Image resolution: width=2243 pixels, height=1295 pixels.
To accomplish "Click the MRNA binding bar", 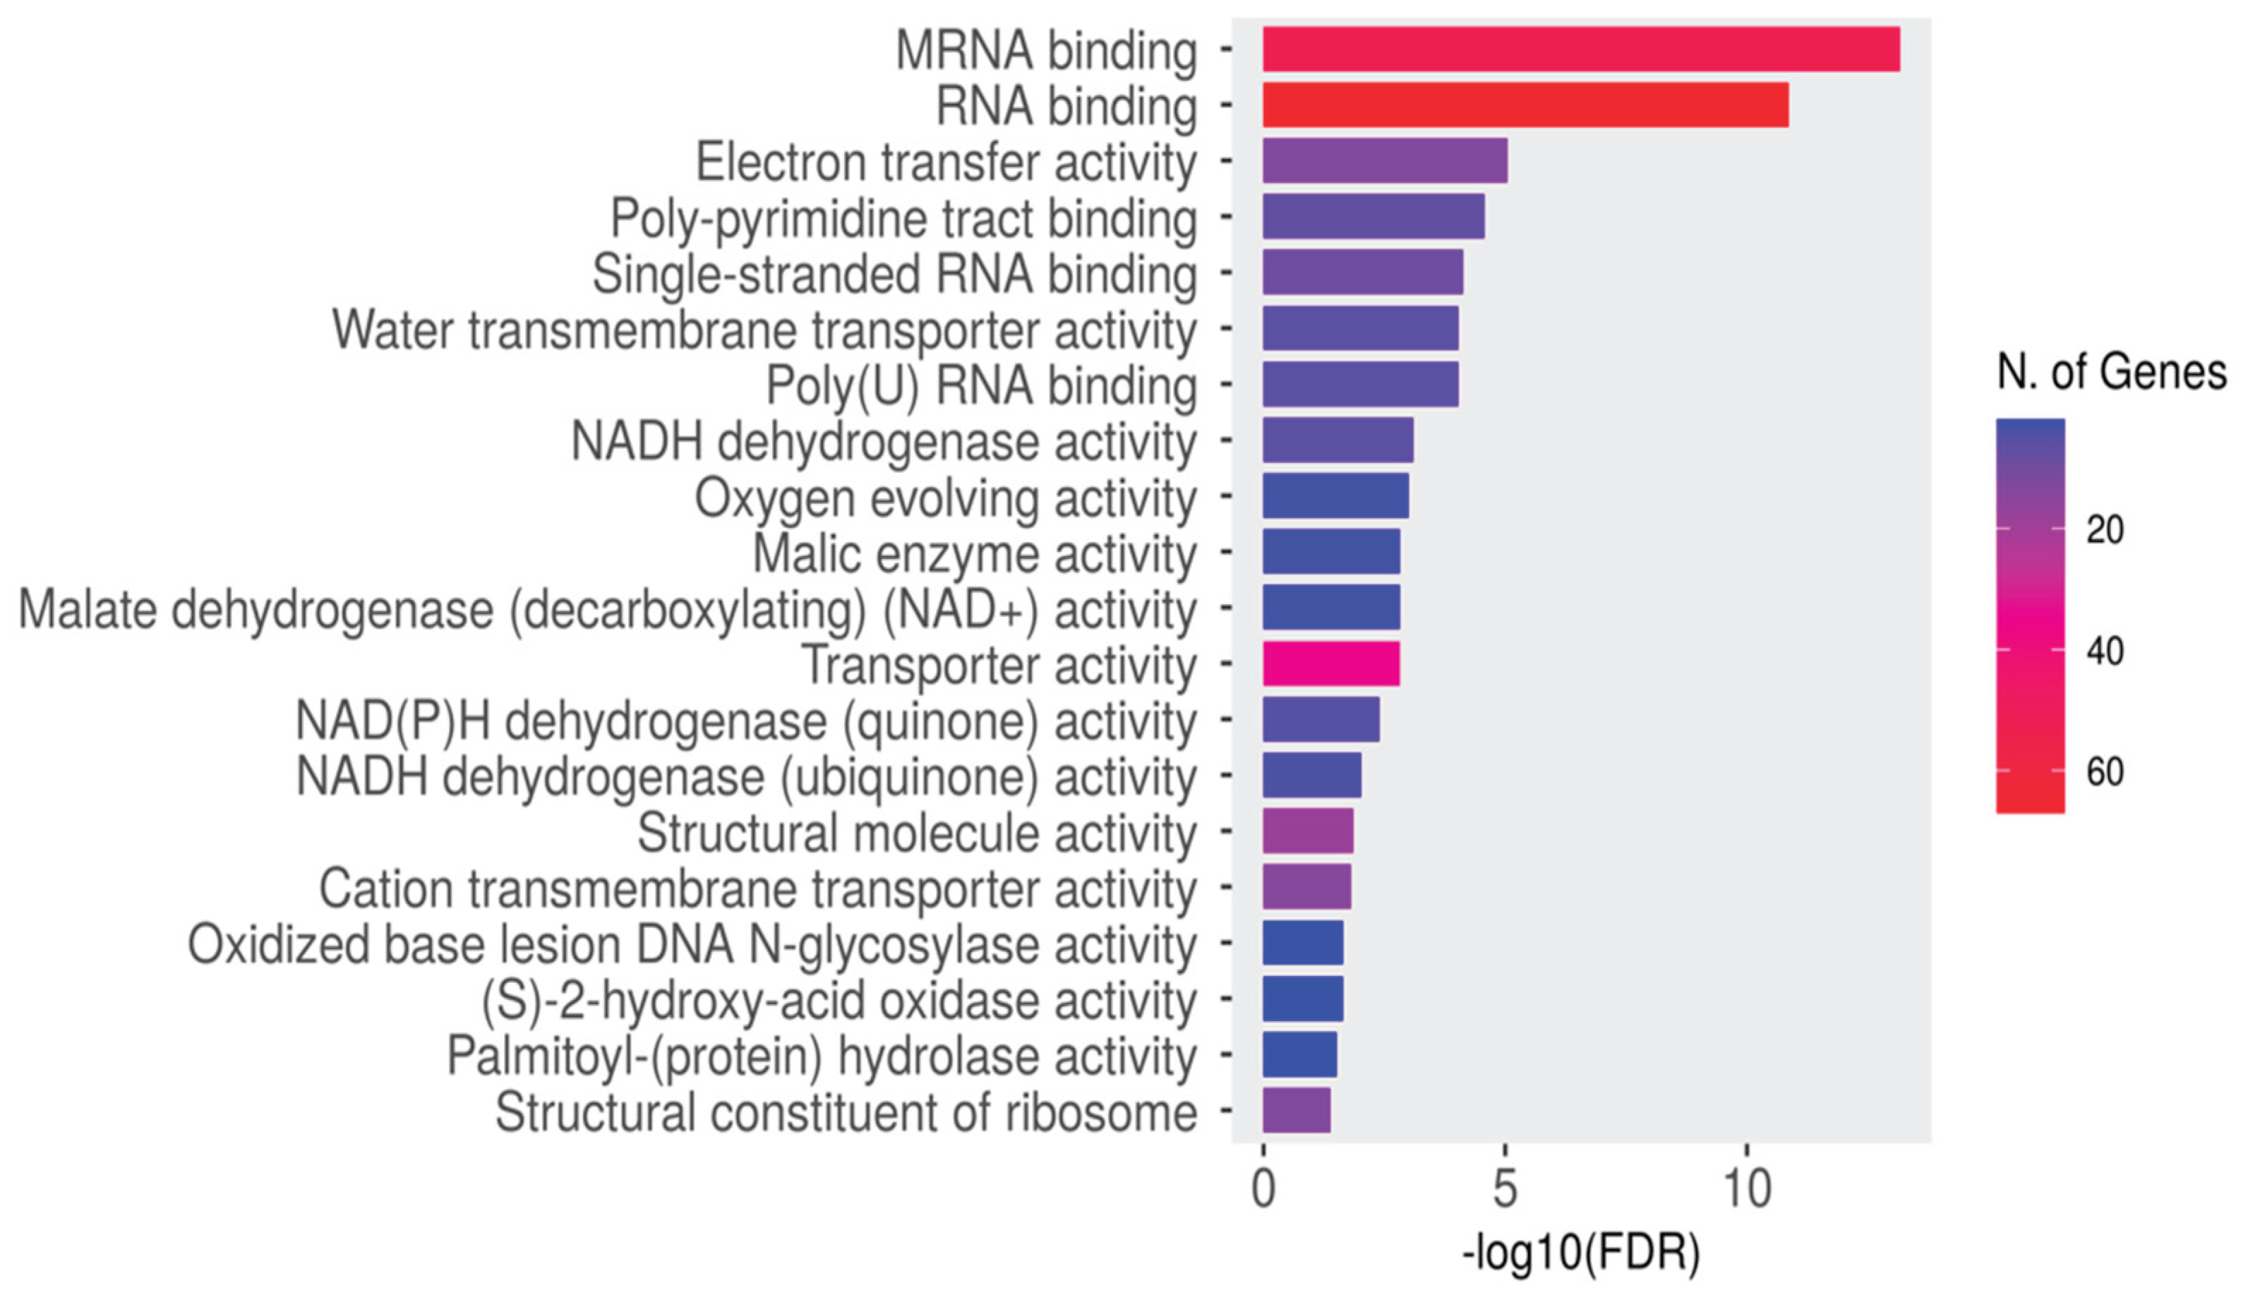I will point(1580,49).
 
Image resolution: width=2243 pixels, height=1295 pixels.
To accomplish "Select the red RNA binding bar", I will point(1525,105).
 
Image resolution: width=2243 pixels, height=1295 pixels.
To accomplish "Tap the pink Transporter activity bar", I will point(1330,663).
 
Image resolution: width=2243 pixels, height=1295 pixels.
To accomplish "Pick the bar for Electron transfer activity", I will point(1384,161).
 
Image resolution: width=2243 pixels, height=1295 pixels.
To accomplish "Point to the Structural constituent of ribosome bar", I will point(1296,1110).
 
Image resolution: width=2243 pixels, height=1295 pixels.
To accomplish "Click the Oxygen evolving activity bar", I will point(1335,495).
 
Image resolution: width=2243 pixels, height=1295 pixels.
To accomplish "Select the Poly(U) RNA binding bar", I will point(1360,384).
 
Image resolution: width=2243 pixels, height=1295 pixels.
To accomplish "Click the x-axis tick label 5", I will point(1504,1188).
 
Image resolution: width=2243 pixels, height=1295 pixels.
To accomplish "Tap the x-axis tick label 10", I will point(1747,1188).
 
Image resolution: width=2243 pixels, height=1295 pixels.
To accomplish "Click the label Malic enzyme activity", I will point(974,554).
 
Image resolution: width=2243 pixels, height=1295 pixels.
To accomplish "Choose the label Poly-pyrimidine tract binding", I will point(903,219).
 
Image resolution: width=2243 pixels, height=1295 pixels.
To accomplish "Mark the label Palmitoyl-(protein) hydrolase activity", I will point(821,1056).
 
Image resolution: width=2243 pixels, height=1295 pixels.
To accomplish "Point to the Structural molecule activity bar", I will point(1307,831).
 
